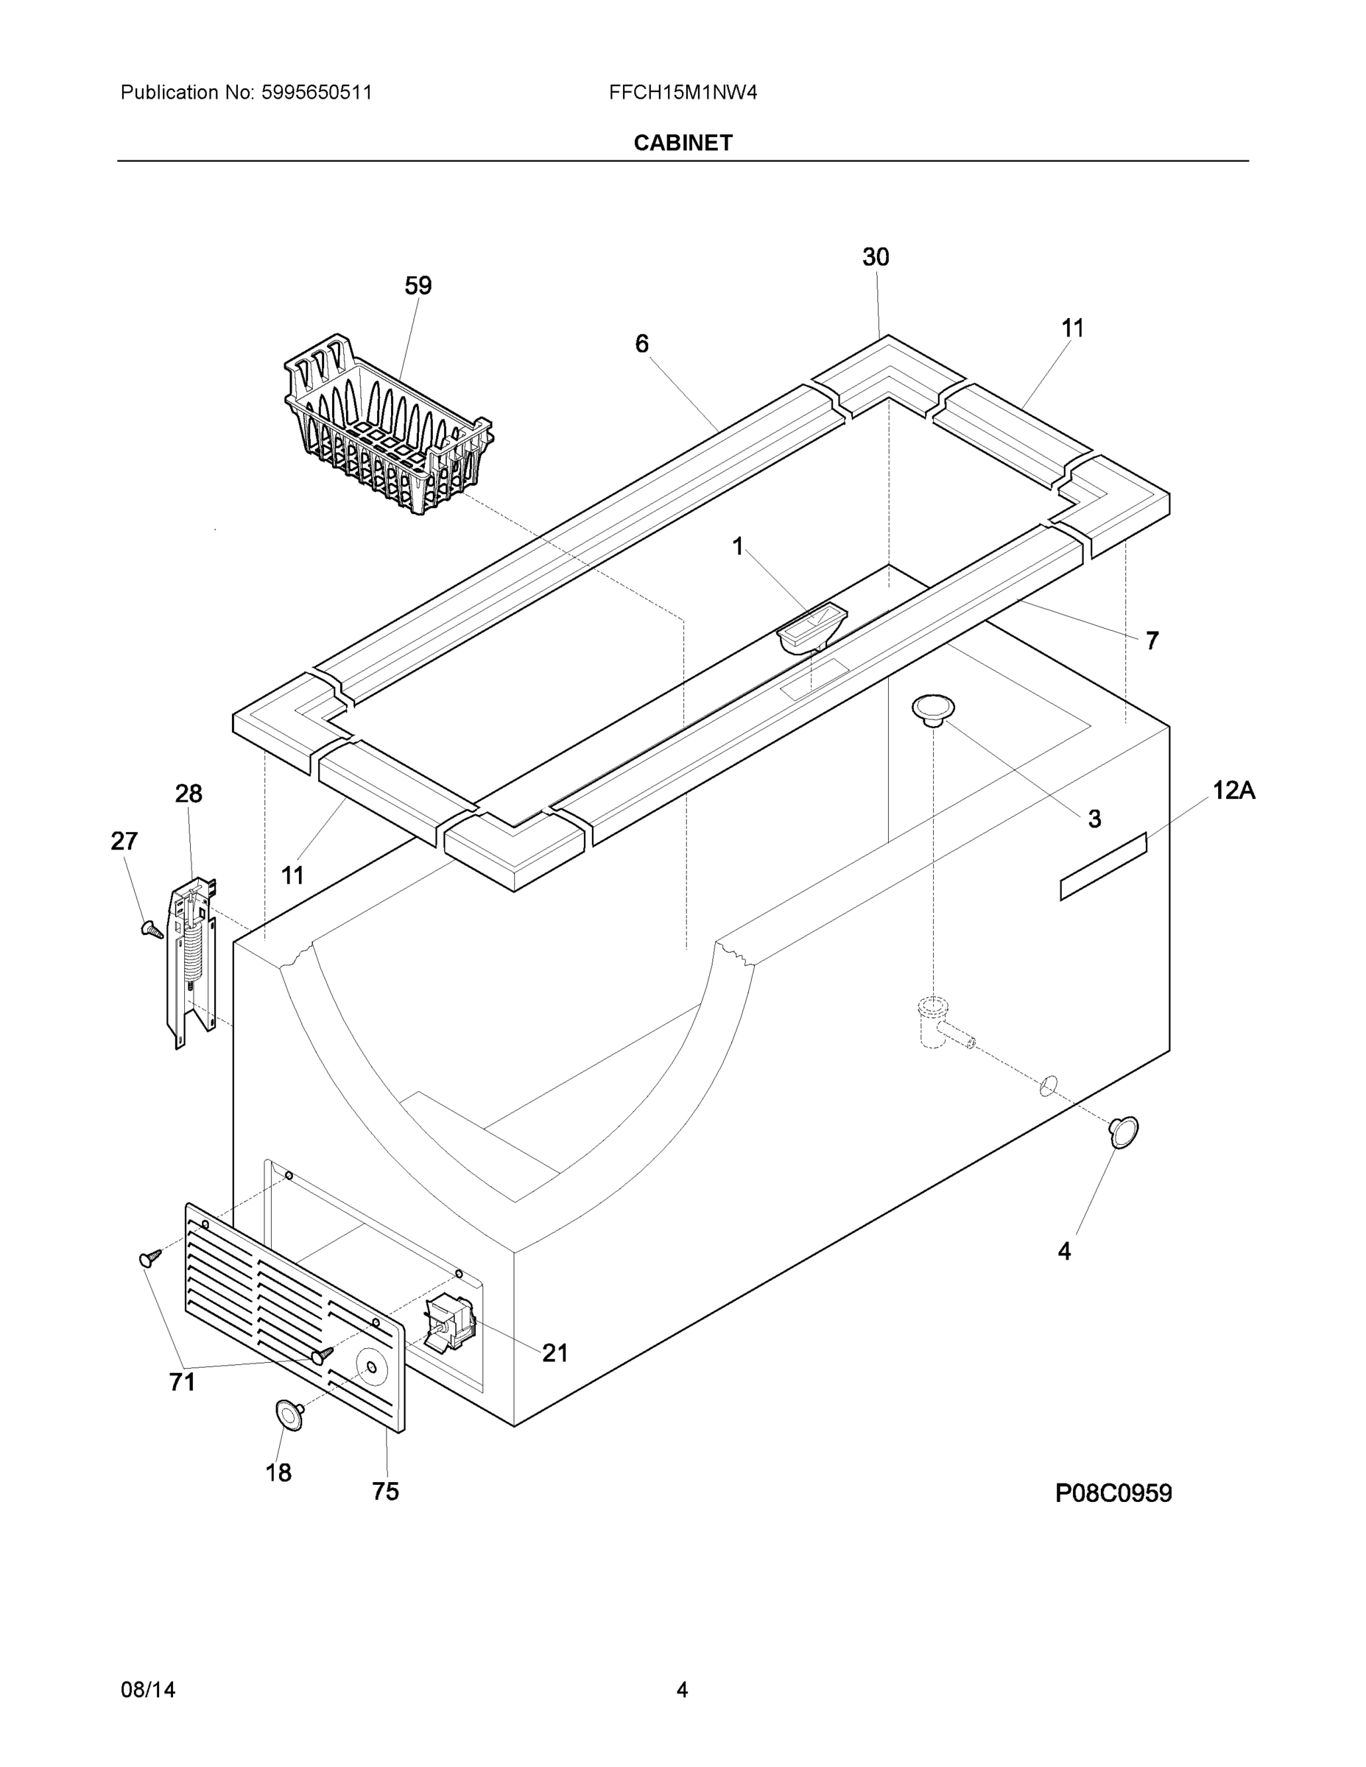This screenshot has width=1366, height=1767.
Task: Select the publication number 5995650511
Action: pyautogui.click(x=316, y=93)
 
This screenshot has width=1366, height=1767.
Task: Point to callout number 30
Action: pyautogui.click(x=875, y=257)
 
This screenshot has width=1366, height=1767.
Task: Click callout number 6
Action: pyautogui.click(x=641, y=344)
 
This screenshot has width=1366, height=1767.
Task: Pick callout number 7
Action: pyautogui.click(x=1152, y=641)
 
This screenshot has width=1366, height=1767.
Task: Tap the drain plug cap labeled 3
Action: pyautogui.click(x=933, y=709)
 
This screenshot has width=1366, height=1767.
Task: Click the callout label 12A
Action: pyautogui.click(x=1233, y=790)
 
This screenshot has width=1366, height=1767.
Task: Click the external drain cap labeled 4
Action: pyautogui.click(x=1123, y=1132)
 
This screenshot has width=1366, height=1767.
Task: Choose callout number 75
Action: pyautogui.click(x=385, y=1492)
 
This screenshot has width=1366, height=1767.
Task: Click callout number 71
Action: pyautogui.click(x=182, y=1382)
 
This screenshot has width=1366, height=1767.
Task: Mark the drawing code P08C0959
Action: pyautogui.click(x=1113, y=1492)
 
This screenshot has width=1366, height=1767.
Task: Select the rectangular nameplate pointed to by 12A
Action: pyautogui.click(x=1103, y=867)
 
